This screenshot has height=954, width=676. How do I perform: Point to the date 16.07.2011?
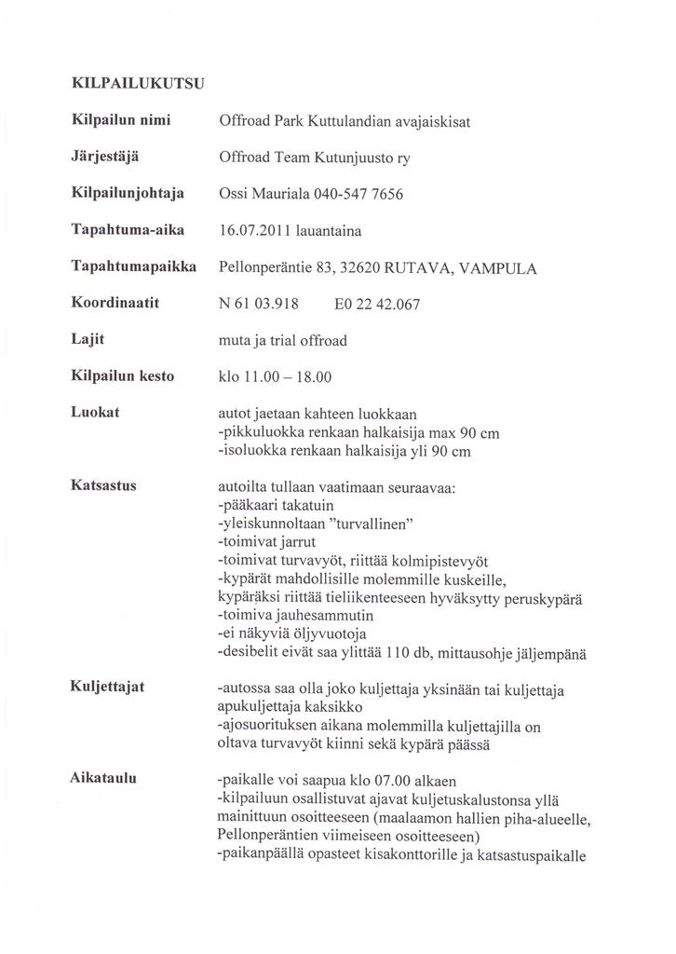[253, 230]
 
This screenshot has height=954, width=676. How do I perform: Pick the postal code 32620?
[362, 267]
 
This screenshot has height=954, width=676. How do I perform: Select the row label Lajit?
[88, 340]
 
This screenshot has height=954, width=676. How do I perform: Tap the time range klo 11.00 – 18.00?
[274, 377]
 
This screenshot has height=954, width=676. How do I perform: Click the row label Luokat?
[94, 413]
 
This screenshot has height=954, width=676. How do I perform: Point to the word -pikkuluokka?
[255, 433]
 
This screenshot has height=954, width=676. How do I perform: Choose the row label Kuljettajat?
[107, 688]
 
